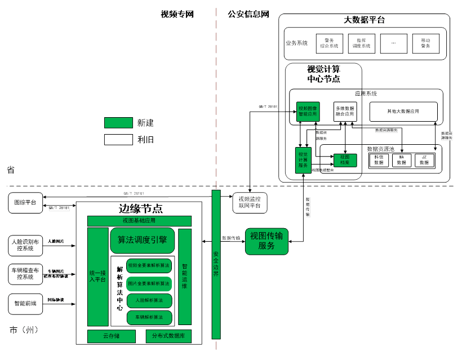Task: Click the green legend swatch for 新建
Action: (x=117, y=123)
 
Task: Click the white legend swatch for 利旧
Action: (x=117, y=139)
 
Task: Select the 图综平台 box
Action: (x=26, y=203)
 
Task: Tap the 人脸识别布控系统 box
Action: (x=26, y=245)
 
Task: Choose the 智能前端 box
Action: (x=26, y=303)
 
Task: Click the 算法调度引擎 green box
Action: (x=142, y=240)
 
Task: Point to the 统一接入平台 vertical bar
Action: (x=97, y=277)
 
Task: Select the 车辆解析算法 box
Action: (x=149, y=318)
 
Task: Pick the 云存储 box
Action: (x=111, y=336)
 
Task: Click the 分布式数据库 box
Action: (x=168, y=336)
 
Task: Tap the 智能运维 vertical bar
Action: (x=185, y=277)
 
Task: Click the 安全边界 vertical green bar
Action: (x=216, y=265)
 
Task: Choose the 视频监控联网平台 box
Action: (x=249, y=203)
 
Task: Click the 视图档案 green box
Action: (x=345, y=160)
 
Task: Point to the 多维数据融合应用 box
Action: (x=345, y=111)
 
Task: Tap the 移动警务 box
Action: (x=425, y=43)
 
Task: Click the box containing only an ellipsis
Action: (x=393, y=43)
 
